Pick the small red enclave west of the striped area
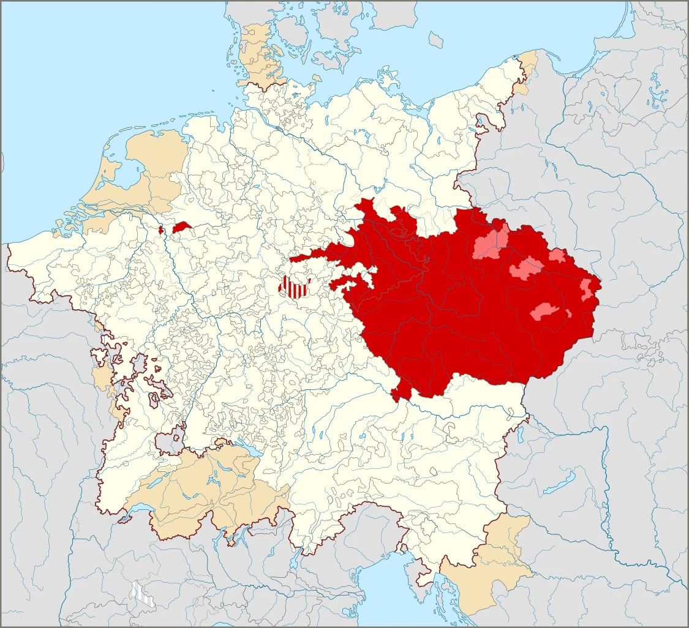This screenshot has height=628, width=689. (x=183, y=227)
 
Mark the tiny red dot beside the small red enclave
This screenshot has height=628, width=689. (x=161, y=230)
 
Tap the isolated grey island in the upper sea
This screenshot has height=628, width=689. (x=435, y=40)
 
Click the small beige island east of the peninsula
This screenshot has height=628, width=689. (x=317, y=78)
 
